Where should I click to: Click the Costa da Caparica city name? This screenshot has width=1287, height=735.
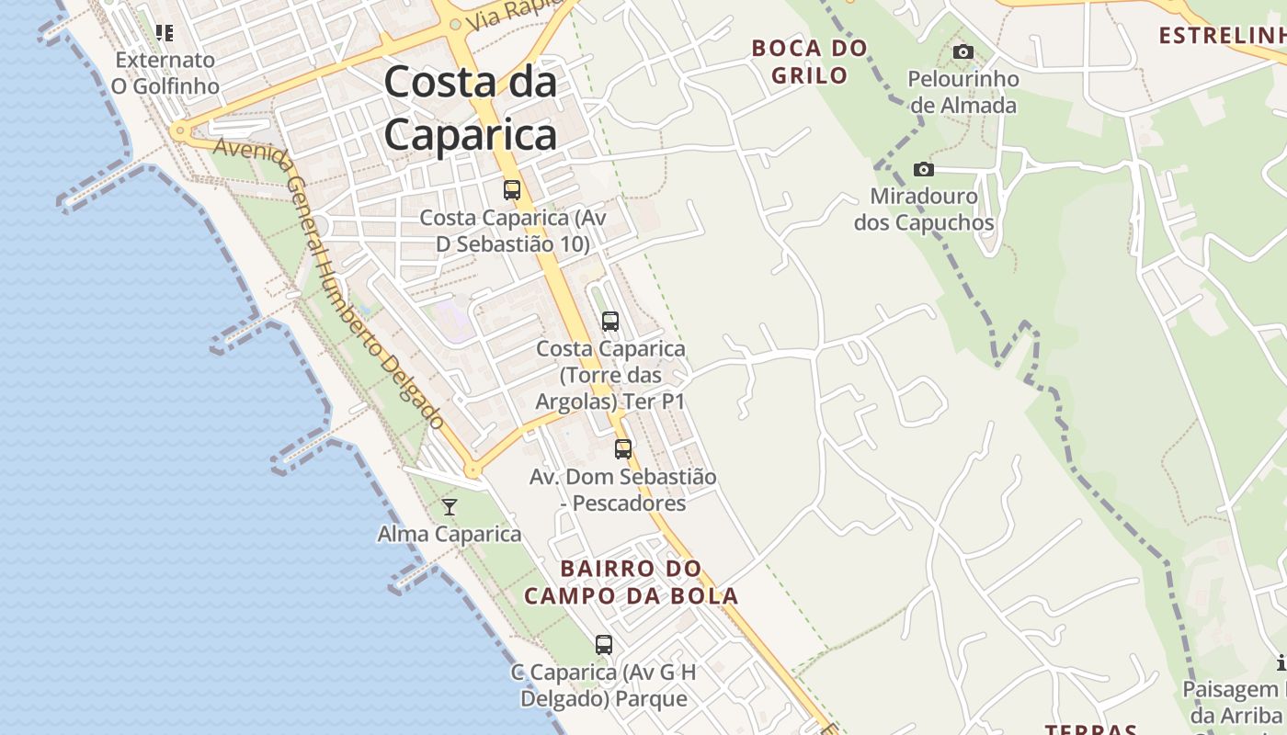tap(470, 109)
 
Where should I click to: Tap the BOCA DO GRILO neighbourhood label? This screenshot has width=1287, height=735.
tap(809, 62)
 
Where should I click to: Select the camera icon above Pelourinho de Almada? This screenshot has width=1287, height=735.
tap(962, 51)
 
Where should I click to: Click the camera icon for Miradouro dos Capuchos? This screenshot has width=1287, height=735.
tap(924, 169)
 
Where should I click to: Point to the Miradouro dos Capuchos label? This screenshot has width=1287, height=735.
tap(924, 209)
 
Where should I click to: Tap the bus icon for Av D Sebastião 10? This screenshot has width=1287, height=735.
tap(512, 190)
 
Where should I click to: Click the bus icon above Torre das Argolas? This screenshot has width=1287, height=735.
tap(609, 322)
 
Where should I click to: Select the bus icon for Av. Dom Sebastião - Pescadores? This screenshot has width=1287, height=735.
tap(623, 449)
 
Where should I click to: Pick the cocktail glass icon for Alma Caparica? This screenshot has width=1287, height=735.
tap(450, 506)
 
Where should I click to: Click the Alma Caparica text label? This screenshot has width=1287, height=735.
tap(450, 534)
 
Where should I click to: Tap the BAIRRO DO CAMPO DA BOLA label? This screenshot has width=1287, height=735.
tap(632, 582)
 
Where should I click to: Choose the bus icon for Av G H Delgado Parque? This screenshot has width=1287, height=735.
tap(603, 645)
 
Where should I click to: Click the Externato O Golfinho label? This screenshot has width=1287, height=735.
tap(165, 73)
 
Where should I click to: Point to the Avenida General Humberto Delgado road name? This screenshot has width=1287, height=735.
tap(331, 285)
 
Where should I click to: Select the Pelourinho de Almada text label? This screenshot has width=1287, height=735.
tap(963, 92)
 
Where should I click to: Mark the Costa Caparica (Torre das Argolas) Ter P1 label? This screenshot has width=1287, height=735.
tap(610, 376)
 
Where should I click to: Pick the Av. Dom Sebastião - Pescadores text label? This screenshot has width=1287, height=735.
tap(622, 490)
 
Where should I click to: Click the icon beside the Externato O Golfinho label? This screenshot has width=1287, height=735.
tap(165, 33)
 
